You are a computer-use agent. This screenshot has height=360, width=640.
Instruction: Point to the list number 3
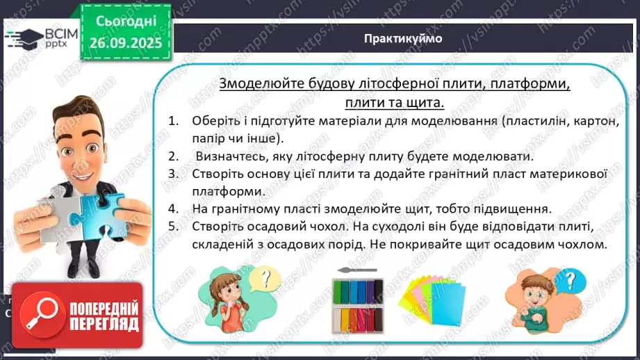(x=173, y=172)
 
